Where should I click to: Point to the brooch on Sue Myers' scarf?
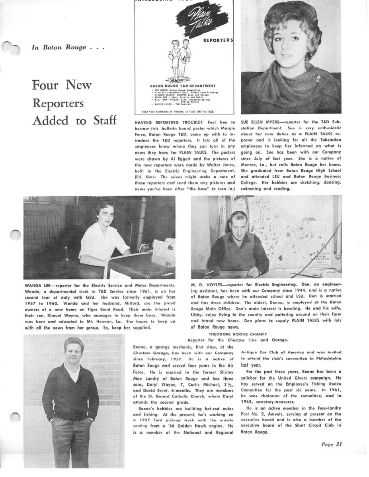pyautogui.click(x=317, y=79)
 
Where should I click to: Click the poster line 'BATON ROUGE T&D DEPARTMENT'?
pyautogui.click(x=183, y=85)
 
